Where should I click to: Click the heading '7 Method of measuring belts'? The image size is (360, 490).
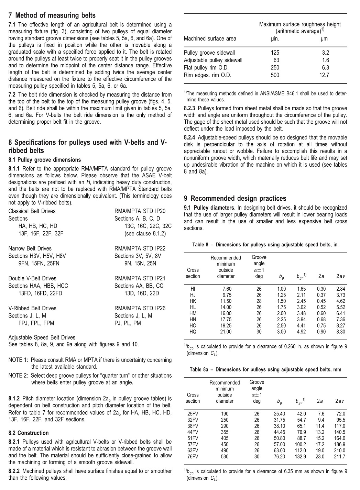pyautogui.click(x=52, y=15)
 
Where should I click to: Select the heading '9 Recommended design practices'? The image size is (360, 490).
pyautogui.click(x=235, y=198)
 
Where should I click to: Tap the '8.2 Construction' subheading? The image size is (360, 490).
pyautogui.click(x=29, y=433)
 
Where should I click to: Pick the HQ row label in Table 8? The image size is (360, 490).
pyautogui.click(x=193, y=332)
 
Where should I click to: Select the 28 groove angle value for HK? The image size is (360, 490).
pyautogui.click(x=259, y=301)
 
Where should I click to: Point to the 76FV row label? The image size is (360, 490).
pyautogui.click(x=193, y=457)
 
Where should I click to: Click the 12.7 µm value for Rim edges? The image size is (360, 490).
pyautogui.click(x=324, y=75)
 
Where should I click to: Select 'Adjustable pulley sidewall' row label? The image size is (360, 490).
pyautogui.click(x=213, y=60)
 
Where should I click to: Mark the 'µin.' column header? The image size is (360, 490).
pyautogui.click(x=275, y=38)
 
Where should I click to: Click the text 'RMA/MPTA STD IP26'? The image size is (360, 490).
pyautogui.click(x=140, y=308)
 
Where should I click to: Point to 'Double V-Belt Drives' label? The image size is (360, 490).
pyautogui.click(x=32, y=278)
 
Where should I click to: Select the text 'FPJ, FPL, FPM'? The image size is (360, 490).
pyautogui.click(x=36, y=323)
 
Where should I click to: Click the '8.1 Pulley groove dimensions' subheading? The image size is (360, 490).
pyautogui.click(x=45, y=160)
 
